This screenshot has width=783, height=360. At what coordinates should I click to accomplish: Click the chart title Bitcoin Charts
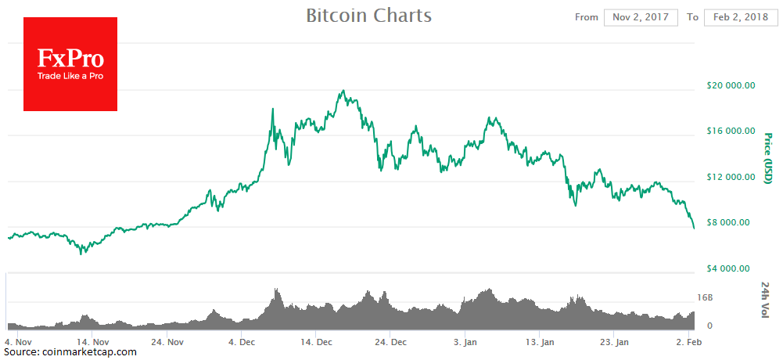pos(368,16)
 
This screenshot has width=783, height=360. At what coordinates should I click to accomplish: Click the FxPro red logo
pos(70,64)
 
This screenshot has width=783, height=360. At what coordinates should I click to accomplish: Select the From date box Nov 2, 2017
pos(641,17)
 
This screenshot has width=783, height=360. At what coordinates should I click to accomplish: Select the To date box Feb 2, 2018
pos(741,17)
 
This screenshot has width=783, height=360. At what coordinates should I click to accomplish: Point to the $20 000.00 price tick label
pos(728,86)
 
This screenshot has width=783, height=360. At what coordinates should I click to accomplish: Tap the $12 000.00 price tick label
pos(728,178)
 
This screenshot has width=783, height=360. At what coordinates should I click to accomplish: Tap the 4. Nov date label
pos(17,342)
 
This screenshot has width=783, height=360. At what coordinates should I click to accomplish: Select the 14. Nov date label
pos(92,342)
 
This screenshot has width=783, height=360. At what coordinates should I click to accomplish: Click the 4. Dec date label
pos(241,342)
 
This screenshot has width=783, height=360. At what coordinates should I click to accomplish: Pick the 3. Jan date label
pos(466,342)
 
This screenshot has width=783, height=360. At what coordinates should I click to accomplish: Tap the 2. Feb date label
pos(688,342)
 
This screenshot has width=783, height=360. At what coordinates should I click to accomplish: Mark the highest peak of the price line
pos(344,91)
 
